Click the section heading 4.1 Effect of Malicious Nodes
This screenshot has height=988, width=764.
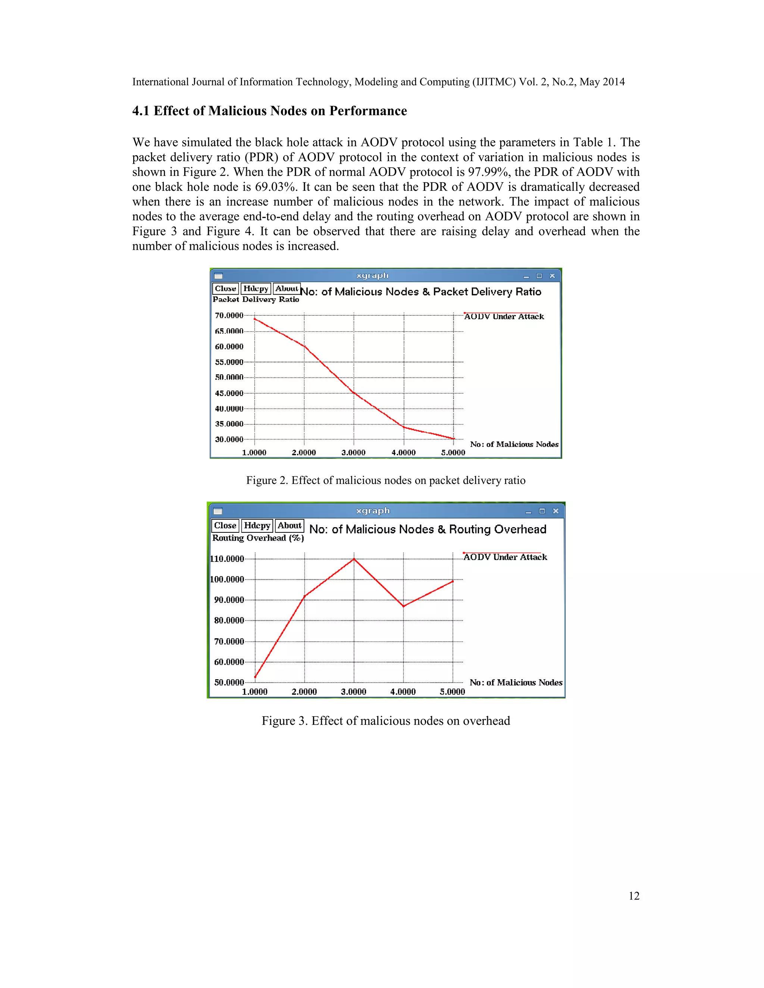pos(269,111)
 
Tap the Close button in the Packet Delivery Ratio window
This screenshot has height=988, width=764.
pos(225,289)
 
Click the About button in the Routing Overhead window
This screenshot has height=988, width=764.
pos(289,526)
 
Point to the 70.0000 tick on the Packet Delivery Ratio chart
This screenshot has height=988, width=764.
pos(229,315)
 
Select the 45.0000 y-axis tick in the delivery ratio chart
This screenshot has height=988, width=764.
pos(229,393)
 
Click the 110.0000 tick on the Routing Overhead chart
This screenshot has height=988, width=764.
pos(227,559)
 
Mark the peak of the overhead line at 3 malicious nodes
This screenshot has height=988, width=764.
pos(354,559)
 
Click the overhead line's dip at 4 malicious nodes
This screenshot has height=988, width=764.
pos(403,606)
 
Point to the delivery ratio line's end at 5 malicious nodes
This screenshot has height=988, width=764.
pos(454,438)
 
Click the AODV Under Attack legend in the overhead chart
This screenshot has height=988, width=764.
pos(505,557)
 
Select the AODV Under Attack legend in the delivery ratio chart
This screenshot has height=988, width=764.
pos(504,316)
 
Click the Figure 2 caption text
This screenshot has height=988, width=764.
pos(386,481)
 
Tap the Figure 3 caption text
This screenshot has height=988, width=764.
pos(386,721)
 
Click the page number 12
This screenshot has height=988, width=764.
pos(634,896)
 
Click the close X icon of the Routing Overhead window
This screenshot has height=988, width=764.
pos(556,511)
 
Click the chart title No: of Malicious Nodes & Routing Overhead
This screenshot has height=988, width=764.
pos(428,529)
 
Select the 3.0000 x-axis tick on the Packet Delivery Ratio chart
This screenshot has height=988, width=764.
pos(354,452)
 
